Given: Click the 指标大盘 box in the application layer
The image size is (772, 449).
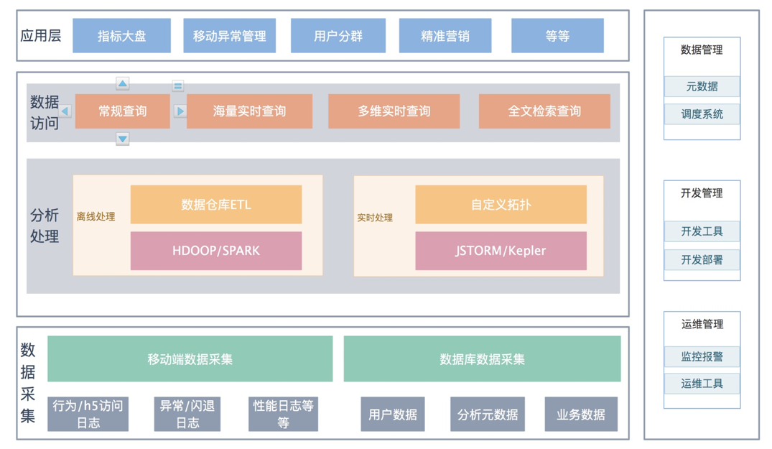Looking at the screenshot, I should (x=121, y=36).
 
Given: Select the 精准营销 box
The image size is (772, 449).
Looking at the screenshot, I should (x=445, y=36).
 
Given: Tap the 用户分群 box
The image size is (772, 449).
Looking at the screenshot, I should (x=338, y=36).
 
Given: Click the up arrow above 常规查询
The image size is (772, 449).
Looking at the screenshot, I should (x=123, y=84).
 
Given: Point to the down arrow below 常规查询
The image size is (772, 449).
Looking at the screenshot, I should (x=123, y=139).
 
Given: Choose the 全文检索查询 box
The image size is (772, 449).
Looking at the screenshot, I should (x=544, y=111).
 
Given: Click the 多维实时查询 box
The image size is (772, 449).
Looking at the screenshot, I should (x=394, y=111).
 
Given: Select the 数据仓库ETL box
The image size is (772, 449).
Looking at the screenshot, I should (x=215, y=205).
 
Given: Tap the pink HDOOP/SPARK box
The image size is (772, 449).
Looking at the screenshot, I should (x=215, y=251).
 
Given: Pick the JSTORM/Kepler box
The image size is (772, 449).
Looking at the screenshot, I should (x=501, y=251).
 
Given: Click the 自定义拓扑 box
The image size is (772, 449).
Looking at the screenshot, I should (x=501, y=205).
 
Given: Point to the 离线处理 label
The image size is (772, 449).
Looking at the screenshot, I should (x=96, y=217).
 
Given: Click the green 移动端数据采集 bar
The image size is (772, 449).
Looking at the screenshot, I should (x=190, y=359).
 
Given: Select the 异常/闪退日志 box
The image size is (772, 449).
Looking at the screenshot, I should (x=187, y=415).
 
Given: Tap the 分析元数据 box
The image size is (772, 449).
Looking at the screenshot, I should (x=487, y=415).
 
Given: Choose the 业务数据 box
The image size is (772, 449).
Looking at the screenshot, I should (x=580, y=415).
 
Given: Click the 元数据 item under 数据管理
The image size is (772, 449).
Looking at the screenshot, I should (x=702, y=87).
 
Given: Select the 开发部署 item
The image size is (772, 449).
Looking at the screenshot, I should (x=702, y=259).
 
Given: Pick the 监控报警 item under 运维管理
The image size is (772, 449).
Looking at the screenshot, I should (x=702, y=356).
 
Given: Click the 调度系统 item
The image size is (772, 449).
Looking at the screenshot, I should (x=702, y=114).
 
